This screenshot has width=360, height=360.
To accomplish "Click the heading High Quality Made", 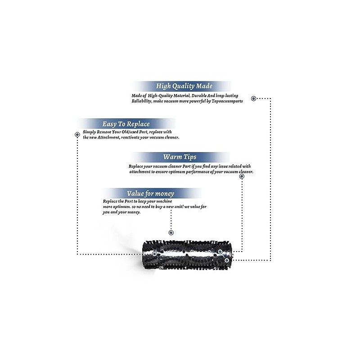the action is coord(184,86).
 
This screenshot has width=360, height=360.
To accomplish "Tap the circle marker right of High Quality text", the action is coord(253,98).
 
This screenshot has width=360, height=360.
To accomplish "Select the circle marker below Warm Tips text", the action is coord(242,176).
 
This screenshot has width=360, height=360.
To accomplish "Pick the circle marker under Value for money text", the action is coord(171,233).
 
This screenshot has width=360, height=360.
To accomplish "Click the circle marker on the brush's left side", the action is coord(154,254).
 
